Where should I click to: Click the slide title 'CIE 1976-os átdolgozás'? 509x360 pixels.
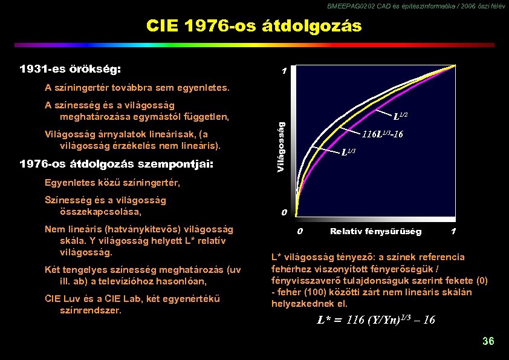coord(254,26)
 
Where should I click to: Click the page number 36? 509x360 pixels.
coord(488,341)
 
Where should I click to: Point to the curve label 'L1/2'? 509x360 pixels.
coord(400,115)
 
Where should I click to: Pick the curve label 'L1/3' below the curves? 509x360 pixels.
coord(348,152)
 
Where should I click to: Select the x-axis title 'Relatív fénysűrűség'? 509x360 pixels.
coord(376,232)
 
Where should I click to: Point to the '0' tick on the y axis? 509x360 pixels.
coord(284,212)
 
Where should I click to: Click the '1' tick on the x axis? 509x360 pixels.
coord(453,232)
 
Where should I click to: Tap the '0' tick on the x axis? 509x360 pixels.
coord(300,232)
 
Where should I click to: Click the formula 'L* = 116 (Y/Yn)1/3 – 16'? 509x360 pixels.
coord(376,320)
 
